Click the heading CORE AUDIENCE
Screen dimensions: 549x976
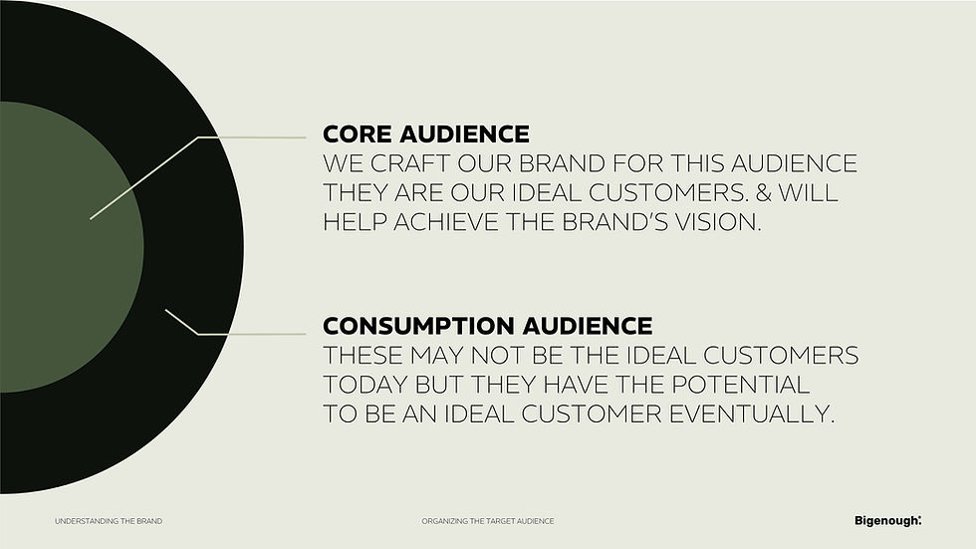click(425, 134)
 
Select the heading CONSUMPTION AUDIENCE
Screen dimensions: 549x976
click(487, 326)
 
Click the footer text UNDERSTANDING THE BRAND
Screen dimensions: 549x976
click(108, 521)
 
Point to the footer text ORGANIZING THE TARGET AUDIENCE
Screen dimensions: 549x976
click(487, 521)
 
